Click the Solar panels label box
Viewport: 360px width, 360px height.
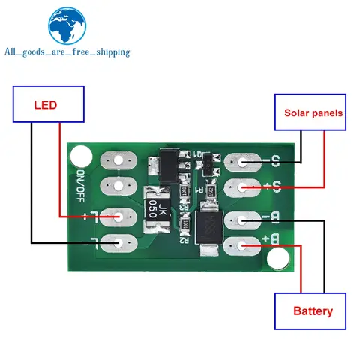(313, 113)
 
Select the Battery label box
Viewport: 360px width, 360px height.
(313, 310)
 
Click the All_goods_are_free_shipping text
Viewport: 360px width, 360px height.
(67, 52)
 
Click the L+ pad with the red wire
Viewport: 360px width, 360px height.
(117, 217)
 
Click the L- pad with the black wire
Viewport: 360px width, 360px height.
(117, 242)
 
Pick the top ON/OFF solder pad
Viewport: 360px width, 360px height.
(117, 160)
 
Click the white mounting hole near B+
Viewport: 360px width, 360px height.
(279, 259)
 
